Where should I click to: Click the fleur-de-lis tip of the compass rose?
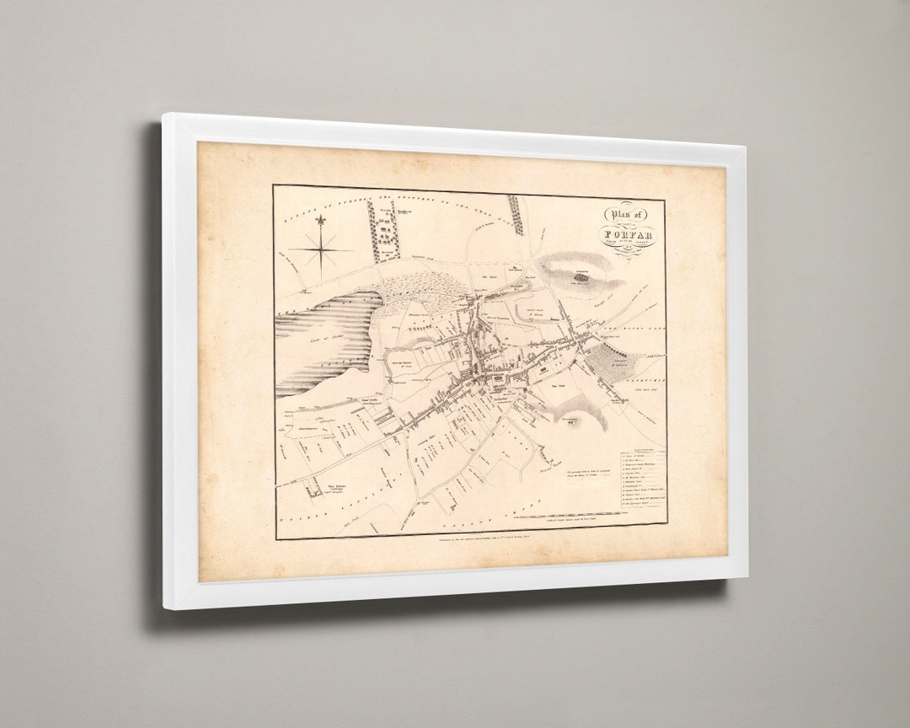tap(320, 222)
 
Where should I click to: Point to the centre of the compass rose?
tap(321, 249)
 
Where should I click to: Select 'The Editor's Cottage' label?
tap(337, 487)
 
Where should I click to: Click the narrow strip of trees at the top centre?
tap(516, 214)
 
